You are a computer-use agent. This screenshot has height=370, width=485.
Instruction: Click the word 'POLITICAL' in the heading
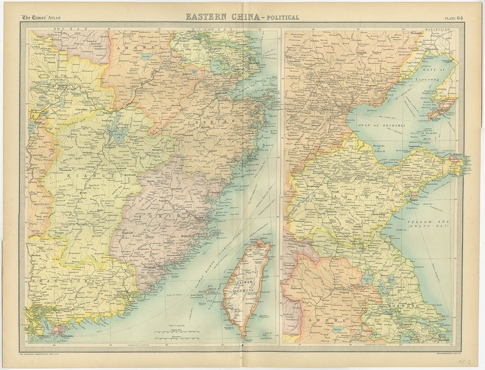coord(281,17)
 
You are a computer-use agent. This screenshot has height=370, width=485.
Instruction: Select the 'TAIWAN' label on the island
coord(246,281)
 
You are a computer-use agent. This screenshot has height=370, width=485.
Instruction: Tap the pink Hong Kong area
coord(59,329)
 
